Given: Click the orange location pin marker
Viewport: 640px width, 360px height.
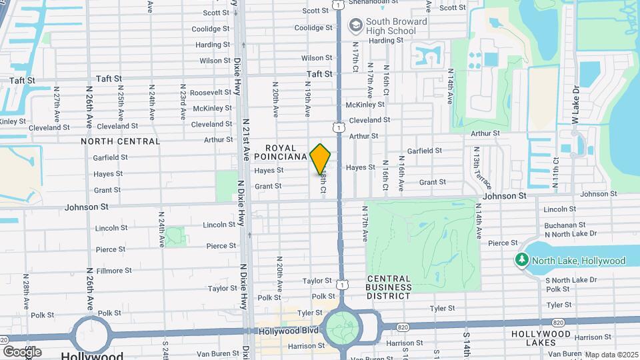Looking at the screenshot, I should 320,159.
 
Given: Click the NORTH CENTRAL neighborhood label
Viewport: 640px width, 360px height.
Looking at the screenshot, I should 121,141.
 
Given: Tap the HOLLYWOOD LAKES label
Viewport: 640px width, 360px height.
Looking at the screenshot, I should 541,338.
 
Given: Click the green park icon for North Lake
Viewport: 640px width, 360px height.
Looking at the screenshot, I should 521,261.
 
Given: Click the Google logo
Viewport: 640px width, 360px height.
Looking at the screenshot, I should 22,351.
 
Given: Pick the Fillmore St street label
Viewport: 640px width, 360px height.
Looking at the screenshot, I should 113,271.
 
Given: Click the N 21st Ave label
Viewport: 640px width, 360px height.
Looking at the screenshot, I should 245,139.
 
